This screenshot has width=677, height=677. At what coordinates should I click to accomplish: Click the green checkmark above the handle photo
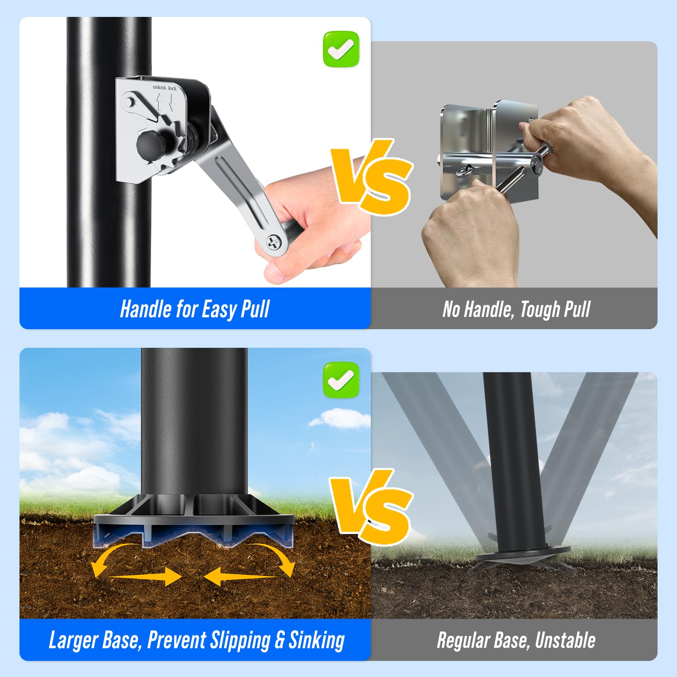pyautogui.click(x=341, y=49)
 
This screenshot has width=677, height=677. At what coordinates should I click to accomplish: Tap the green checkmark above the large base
pyautogui.click(x=341, y=380)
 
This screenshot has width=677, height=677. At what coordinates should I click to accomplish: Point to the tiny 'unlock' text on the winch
pyautogui.click(x=160, y=87)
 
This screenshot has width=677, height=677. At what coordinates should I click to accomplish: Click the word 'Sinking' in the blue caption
pyautogui.click(x=317, y=640)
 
